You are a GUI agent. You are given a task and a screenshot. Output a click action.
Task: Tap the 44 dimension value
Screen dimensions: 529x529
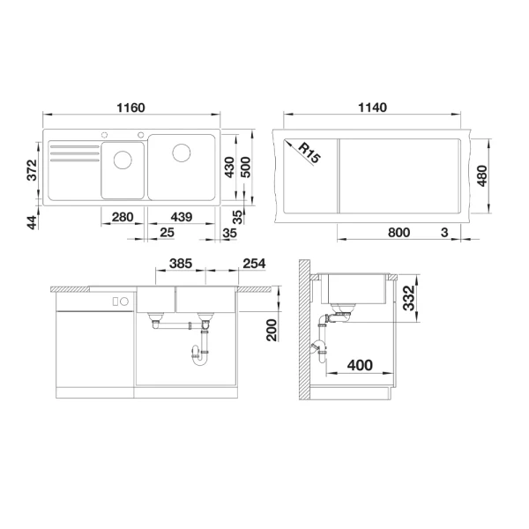[x=32, y=222]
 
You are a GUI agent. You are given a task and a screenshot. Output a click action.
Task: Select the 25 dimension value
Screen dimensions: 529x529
[x=168, y=233]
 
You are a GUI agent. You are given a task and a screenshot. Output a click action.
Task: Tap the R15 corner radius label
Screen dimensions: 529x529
[x=309, y=153]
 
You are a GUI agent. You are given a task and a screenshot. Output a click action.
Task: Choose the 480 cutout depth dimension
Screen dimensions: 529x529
[x=481, y=175]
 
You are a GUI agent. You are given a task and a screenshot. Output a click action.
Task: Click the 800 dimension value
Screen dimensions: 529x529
[x=399, y=233]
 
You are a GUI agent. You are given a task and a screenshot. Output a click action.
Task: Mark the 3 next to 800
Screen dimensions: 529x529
[x=445, y=233]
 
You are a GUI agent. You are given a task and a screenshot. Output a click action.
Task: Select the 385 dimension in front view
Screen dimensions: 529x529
[x=181, y=264]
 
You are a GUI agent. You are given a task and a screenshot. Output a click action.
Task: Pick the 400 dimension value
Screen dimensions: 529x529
[x=359, y=364]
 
